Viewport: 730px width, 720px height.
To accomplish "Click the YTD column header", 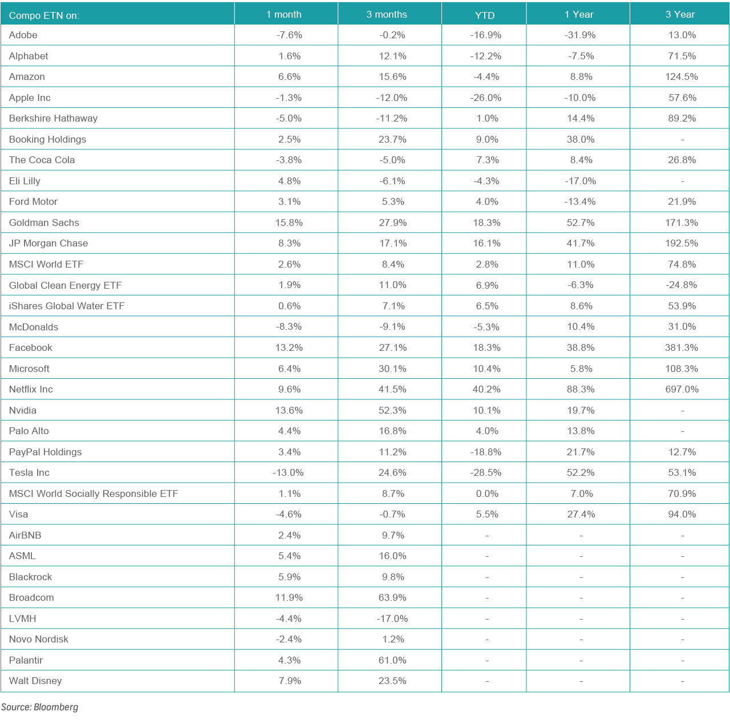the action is [485, 15].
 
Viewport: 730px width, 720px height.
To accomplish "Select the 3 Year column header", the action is [680, 14].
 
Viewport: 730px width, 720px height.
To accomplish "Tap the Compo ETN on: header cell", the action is [44, 15].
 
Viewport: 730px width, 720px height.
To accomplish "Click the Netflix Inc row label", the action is [31, 389].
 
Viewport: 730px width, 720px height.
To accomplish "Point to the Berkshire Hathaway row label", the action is [53, 118].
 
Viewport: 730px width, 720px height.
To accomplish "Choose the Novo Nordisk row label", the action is [39, 639].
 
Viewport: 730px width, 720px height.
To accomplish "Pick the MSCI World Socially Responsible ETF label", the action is [94, 494].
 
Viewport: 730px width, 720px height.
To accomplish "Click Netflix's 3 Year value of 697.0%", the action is [682, 389].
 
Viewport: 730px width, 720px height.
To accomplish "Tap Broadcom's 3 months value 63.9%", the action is [392, 597].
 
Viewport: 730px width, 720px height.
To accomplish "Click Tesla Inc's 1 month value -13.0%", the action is [288, 472].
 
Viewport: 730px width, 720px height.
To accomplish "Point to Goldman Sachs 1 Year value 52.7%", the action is [581, 223].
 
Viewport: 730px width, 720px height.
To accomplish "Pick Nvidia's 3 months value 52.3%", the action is [392, 410].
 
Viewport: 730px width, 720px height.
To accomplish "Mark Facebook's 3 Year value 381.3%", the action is [682, 347].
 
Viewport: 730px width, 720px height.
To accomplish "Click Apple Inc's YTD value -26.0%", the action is [486, 98].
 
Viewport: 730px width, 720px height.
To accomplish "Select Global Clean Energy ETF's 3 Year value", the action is [681, 285].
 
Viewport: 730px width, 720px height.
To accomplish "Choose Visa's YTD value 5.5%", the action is [487, 514].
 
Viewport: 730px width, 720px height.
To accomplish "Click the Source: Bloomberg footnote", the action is [39, 707].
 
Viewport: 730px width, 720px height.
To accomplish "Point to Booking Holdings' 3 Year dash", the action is [682, 140].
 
